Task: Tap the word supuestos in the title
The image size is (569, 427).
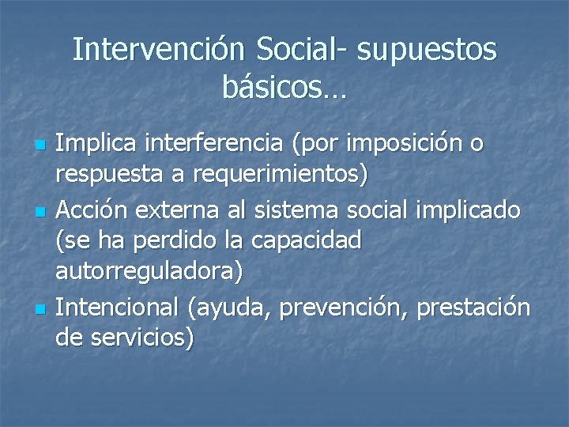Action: pyautogui.click(x=428, y=51)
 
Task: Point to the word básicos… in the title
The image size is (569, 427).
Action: pyautogui.click(x=284, y=88)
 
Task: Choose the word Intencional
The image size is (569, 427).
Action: pyautogui.click(x=119, y=307)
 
